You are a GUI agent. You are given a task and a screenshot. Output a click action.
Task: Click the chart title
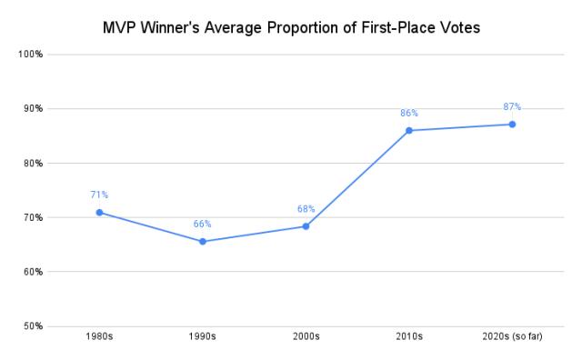click(291, 27)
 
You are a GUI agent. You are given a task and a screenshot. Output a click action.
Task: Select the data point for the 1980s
click(99, 213)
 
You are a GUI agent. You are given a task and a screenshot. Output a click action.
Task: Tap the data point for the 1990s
click(203, 242)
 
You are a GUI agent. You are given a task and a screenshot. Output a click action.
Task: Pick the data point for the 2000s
click(306, 226)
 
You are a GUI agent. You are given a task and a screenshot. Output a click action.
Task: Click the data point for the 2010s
click(409, 131)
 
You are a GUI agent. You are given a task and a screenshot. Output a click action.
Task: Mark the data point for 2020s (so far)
click(512, 125)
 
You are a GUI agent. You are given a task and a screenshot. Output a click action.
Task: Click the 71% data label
click(99, 195)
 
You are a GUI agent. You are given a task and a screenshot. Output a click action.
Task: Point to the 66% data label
click(203, 224)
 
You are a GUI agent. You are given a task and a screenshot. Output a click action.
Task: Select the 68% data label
click(306, 209)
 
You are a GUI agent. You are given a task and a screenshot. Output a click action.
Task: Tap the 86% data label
click(409, 114)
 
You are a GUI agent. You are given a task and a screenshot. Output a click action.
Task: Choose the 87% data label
click(512, 107)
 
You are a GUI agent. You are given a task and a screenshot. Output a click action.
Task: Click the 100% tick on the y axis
click(32, 55)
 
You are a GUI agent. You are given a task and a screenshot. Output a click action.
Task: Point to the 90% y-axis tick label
click(34, 109)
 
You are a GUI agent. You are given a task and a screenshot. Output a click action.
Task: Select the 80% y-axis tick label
click(34, 164)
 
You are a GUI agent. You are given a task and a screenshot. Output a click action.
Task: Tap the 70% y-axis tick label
click(34, 218)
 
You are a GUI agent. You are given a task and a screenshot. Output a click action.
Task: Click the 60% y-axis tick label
click(34, 272)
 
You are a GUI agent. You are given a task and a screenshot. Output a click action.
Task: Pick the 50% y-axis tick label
click(34, 326)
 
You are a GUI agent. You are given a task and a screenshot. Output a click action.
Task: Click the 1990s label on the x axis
click(203, 337)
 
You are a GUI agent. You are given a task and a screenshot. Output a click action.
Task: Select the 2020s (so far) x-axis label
click(512, 337)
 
